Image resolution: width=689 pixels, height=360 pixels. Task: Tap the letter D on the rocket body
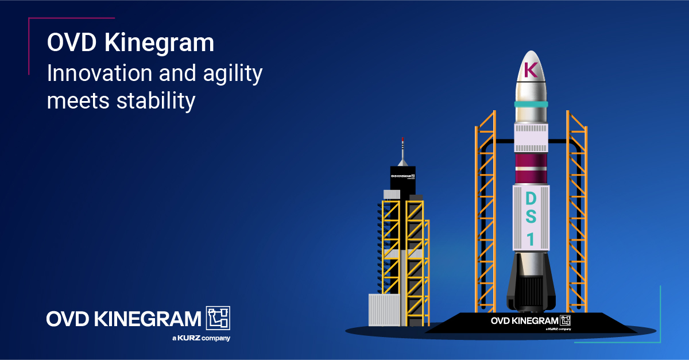tap(531, 199)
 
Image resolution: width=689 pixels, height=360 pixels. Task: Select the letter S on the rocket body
tap(531, 219)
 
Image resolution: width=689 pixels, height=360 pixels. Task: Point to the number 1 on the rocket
tap(531, 239)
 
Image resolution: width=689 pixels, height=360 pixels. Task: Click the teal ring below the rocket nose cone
tap(531, 104)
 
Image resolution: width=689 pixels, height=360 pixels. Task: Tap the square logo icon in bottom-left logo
tap(218, 318)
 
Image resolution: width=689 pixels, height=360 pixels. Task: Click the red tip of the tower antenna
tap(402, 139)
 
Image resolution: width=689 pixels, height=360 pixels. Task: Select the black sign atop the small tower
tap(402, 179)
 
